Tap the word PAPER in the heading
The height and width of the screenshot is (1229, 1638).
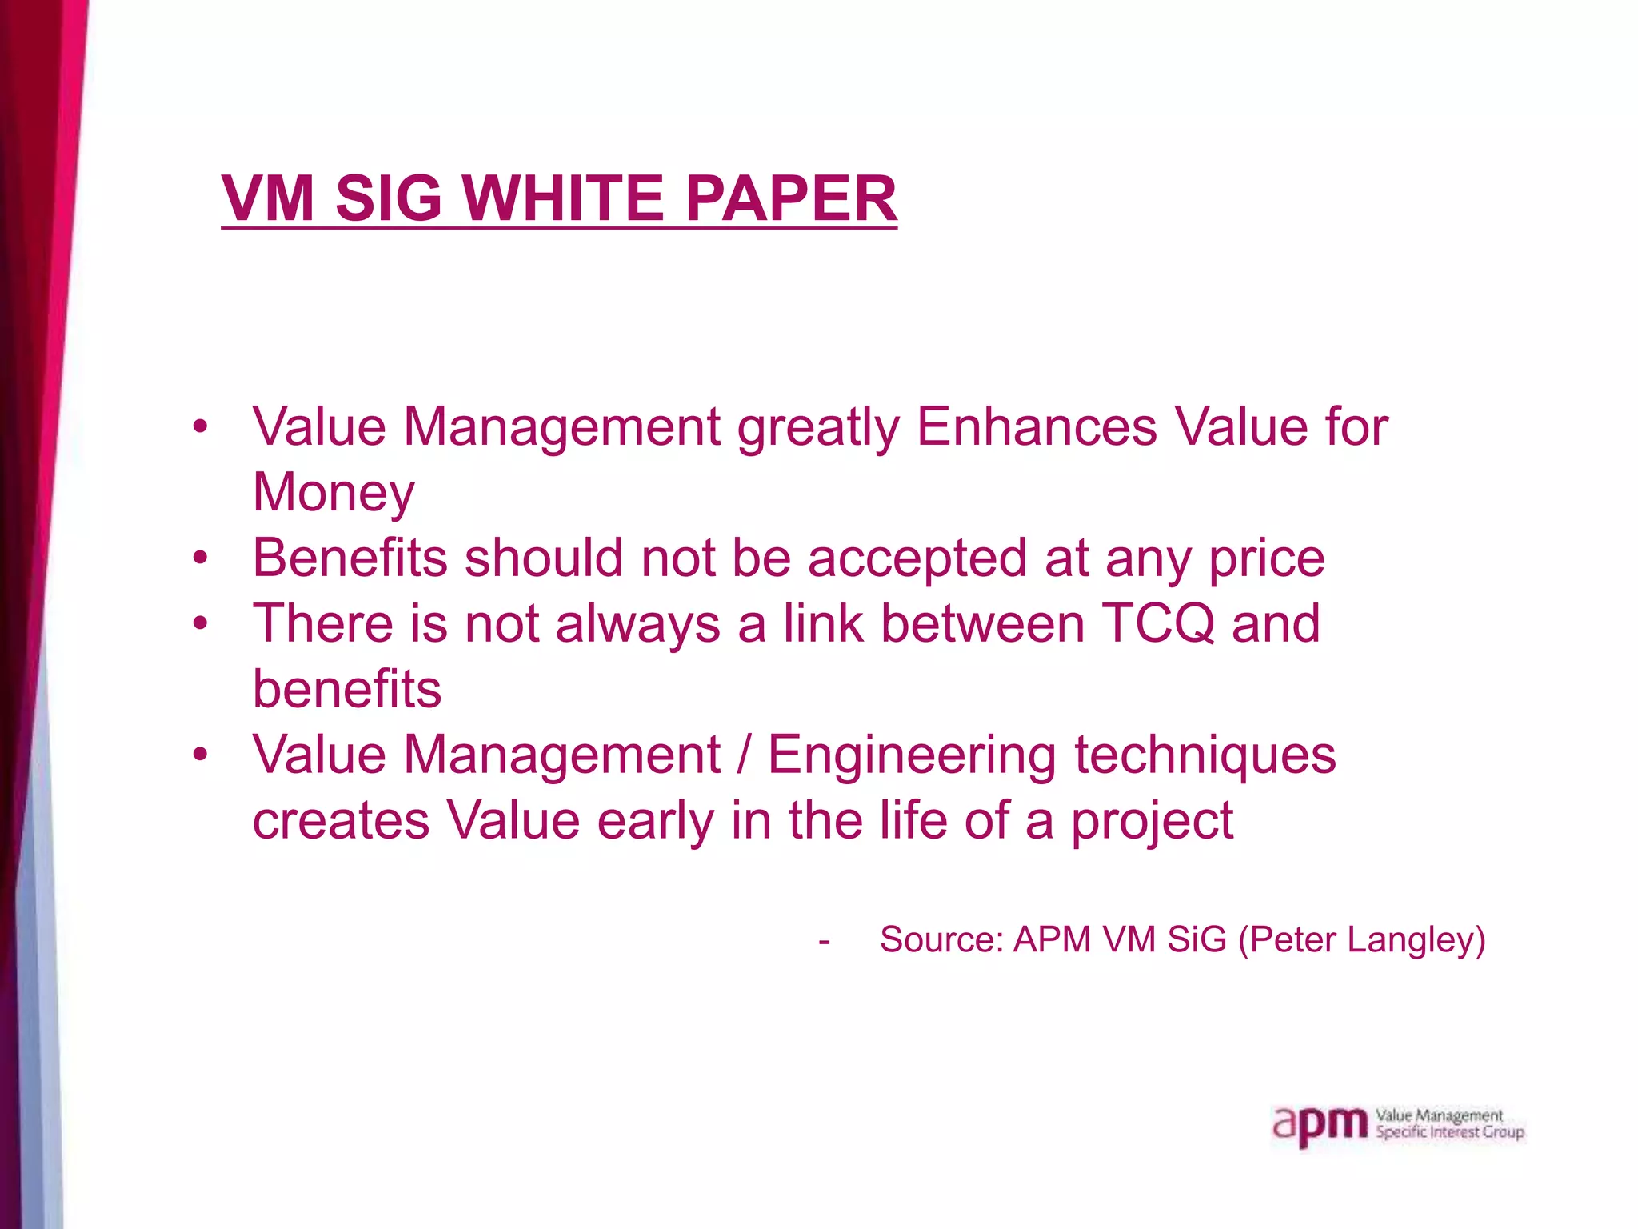[791, 198]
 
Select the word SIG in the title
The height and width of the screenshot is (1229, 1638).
[388, 198]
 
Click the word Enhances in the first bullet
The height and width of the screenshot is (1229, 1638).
[1037, 426]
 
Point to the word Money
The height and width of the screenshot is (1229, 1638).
[334, 492]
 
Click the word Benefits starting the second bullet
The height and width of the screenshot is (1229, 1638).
[350, 558]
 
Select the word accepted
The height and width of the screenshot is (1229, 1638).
[917, 559]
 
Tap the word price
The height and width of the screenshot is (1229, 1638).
[1266, 559]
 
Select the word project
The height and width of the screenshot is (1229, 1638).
[1152, 822]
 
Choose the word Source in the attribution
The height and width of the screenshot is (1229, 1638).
[941, 939]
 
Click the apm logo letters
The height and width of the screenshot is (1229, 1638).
[1320, 1125]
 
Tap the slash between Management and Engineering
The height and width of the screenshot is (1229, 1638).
[744, 755]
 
